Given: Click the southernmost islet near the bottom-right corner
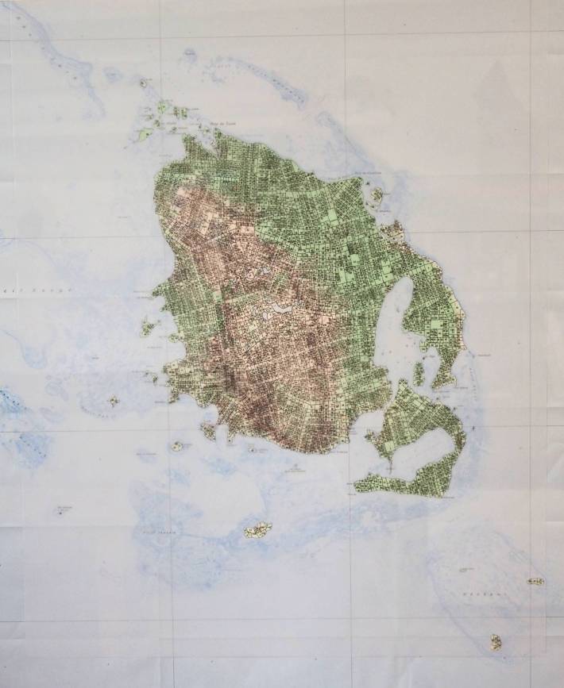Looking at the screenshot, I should coord(496,641).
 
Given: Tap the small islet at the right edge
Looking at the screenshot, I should coord(536,582).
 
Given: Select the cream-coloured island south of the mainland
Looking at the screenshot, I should coord(257,528).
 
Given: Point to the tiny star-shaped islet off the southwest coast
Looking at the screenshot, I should coord(114,402).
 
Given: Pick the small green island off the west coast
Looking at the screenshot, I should coord(148,326).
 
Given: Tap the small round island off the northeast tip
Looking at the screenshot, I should coord(376,194).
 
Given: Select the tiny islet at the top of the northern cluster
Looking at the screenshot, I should coord(144,83).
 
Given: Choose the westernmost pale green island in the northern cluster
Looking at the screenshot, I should coord(145,135).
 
